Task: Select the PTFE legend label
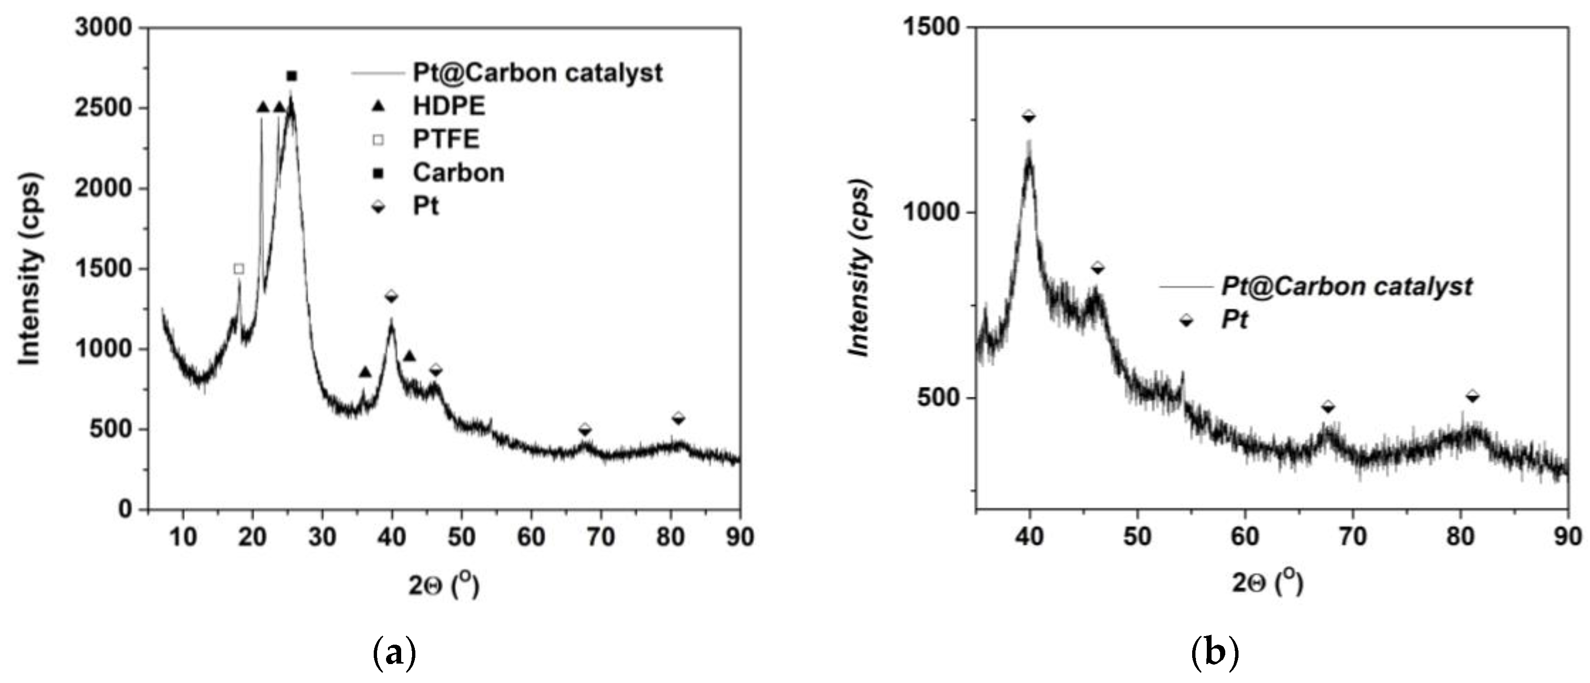tap(446, 140)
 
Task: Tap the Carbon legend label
tap(458, 173)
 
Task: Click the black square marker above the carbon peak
tap(292, 76)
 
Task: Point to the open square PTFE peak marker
tap(239, 269)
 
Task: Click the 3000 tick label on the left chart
tap(103, 28)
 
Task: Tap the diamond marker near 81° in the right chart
tap(1473, 396)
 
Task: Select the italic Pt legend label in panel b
tap(1234, 320)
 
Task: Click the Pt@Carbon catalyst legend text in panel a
tap(537, 73)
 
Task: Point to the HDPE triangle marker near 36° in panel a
tap(365, 372)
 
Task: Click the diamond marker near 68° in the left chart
tap(585, 429)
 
